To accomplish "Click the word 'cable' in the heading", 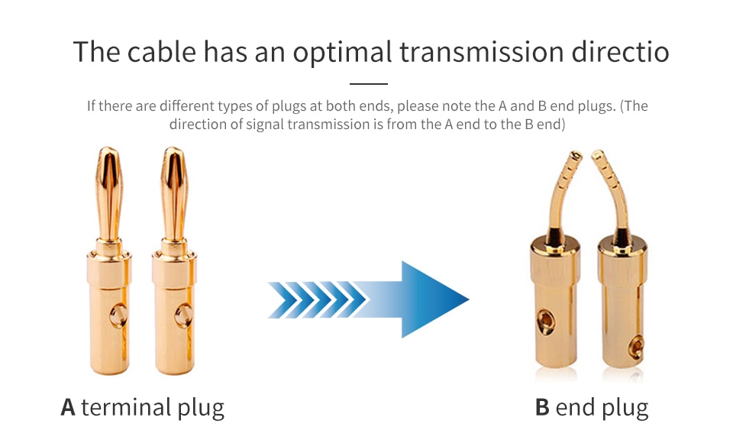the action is point(161,51).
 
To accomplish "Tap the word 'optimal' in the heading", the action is point(342,52).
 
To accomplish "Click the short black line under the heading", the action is point(368,84).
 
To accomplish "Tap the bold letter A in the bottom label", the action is point(68,407).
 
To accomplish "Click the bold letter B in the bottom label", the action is point(542,407).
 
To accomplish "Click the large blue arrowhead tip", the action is point(468,299).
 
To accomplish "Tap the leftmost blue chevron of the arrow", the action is point(282,299).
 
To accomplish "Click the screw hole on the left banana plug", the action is point(118,315).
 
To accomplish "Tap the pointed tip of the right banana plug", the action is point(174,148).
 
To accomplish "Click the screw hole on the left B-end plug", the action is point(545,321).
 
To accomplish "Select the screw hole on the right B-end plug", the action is point(636,346).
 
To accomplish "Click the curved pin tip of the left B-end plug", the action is point(577,153).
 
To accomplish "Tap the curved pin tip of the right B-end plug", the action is point(597,153).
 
